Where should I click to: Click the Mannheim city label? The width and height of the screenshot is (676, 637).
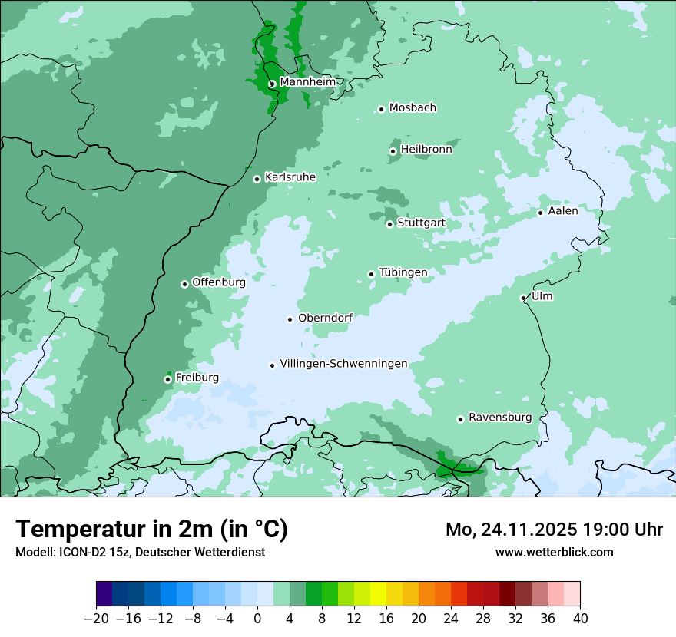(x=307, y=81)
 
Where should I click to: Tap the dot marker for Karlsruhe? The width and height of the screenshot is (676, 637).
(x=257, y=179)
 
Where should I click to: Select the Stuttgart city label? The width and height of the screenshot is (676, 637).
(x=421, y=223)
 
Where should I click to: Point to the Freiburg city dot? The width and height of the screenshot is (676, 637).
(x=167, y=379)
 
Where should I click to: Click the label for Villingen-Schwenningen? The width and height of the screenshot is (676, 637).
(x=343, y=364)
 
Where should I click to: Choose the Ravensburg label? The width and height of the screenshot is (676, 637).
(x=500, y=418)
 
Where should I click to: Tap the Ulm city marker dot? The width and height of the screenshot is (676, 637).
(x=524, y=298)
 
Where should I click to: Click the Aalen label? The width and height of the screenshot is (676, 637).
(x=563, y=211)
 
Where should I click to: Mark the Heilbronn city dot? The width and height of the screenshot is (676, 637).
(x=393, y=151)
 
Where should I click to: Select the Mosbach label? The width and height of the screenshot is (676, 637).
(x=413, y=107)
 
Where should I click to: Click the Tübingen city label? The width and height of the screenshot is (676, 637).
(x=403, y=272)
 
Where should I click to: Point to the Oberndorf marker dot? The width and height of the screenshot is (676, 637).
(x=290, y=319)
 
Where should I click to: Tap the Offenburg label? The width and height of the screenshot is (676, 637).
(x=219, y=282)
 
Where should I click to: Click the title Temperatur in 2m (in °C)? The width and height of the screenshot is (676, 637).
(x=152, y=529)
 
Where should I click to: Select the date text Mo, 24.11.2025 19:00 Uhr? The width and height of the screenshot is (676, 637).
(x=554, y=530)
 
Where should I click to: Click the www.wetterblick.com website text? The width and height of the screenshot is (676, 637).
(x=554, y=552)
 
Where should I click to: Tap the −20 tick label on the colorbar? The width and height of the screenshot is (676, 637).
(x=96, y=619)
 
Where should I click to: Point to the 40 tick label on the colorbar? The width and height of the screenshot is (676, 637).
(x=580, y=619)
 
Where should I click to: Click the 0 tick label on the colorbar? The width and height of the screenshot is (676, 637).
(x=257, y=619)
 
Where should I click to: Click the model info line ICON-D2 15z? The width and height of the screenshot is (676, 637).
(x=140, y=552)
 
